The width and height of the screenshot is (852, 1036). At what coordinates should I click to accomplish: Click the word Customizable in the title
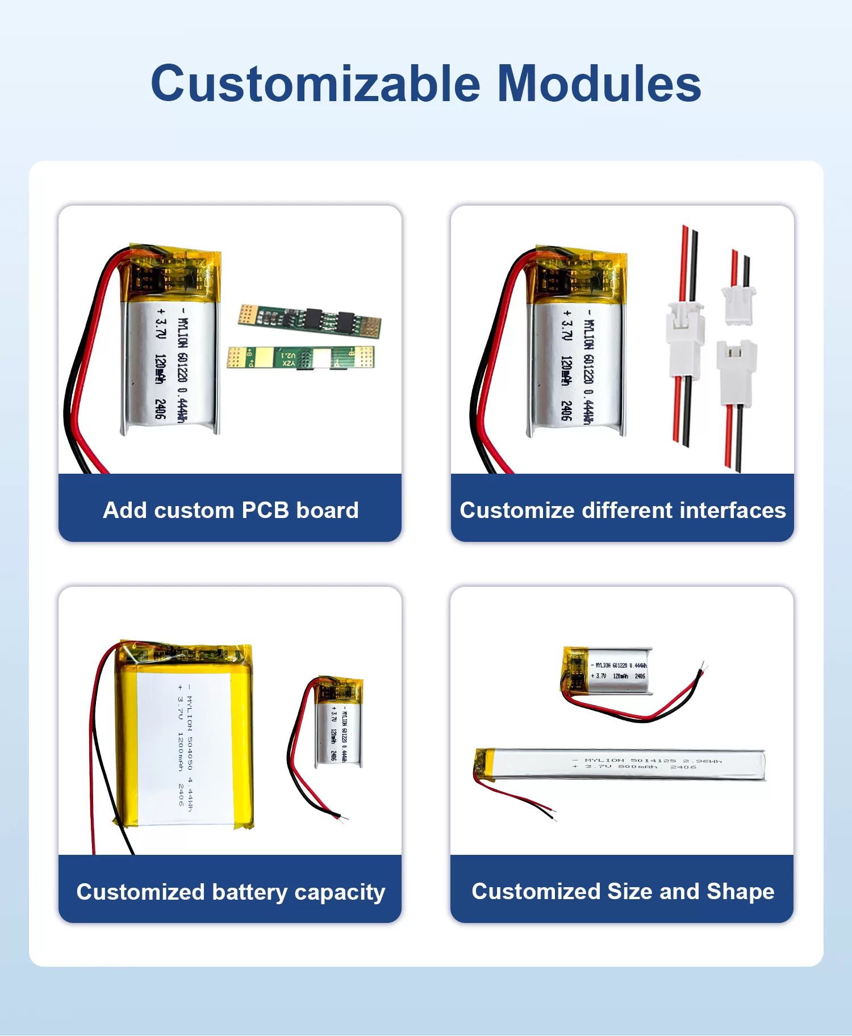[315, 84]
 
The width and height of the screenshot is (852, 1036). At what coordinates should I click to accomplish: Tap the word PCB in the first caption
[265, 510]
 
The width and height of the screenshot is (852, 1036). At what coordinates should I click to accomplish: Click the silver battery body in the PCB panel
[170, 364]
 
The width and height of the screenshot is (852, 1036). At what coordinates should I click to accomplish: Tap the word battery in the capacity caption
[250, 892]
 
